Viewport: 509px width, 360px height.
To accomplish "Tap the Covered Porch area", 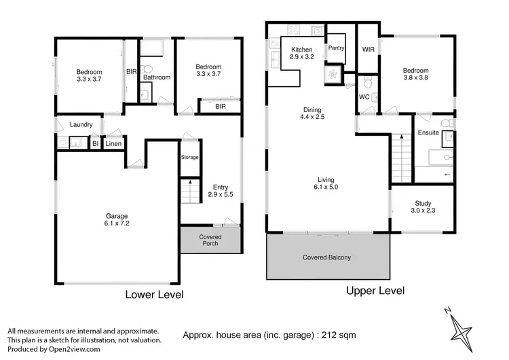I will point(210,240).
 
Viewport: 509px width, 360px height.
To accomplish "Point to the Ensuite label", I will point(428,132).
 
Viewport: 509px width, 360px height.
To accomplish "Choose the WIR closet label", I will point(369,50).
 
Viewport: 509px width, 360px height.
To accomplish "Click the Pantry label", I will point(337,48).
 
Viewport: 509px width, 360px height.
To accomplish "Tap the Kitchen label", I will point(301,50).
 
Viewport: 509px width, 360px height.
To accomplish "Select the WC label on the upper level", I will point(364,97).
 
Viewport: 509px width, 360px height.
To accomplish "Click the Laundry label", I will point(81,125).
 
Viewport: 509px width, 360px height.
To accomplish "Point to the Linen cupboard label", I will point(113,144).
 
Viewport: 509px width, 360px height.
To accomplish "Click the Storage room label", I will point(189,158).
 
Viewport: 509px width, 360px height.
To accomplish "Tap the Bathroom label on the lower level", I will point(156,77).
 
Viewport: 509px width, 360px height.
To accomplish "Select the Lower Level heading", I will point(154,295).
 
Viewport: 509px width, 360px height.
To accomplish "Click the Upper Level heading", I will point(375,291).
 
